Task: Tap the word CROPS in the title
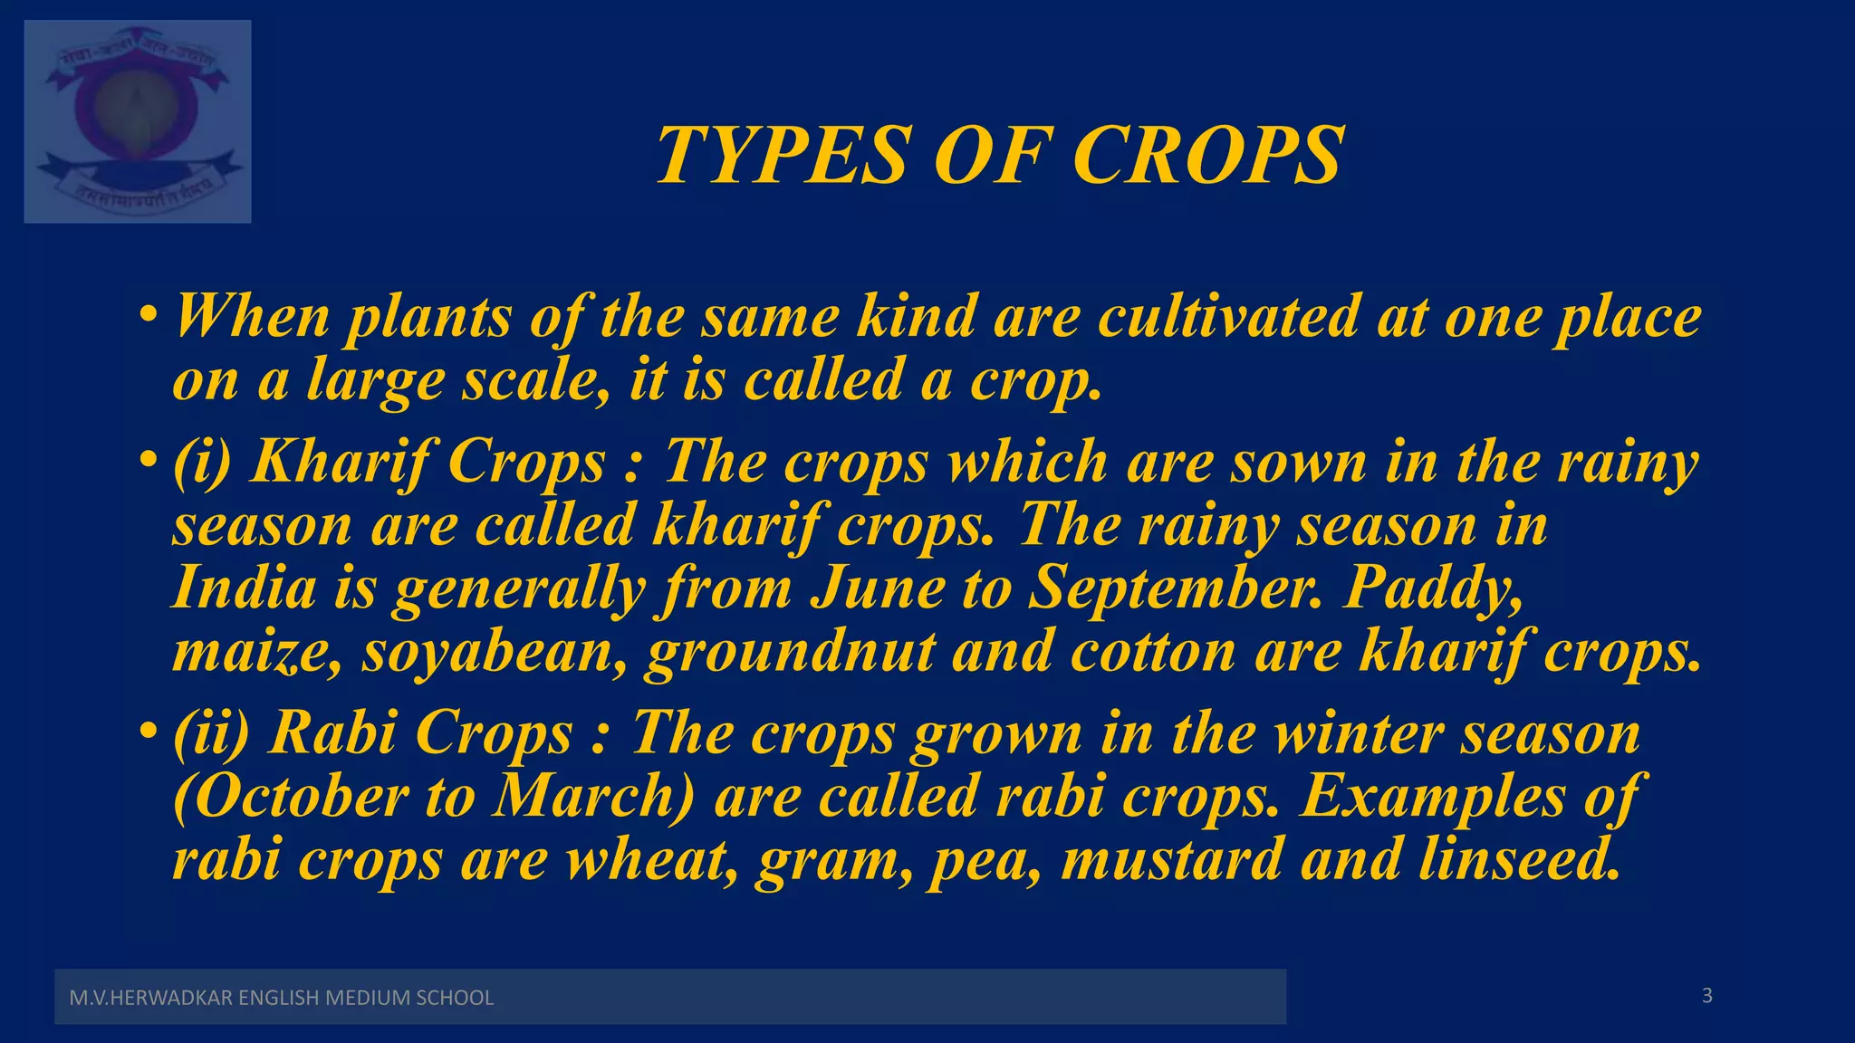(x=1207, y=156)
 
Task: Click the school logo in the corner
(x=138, y=121)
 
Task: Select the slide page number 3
(x=1706, y=996)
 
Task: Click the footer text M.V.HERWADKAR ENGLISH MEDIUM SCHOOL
(x=282, y=998)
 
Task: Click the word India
(x=244, y=588)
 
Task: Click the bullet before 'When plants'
(x=149, y=317)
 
